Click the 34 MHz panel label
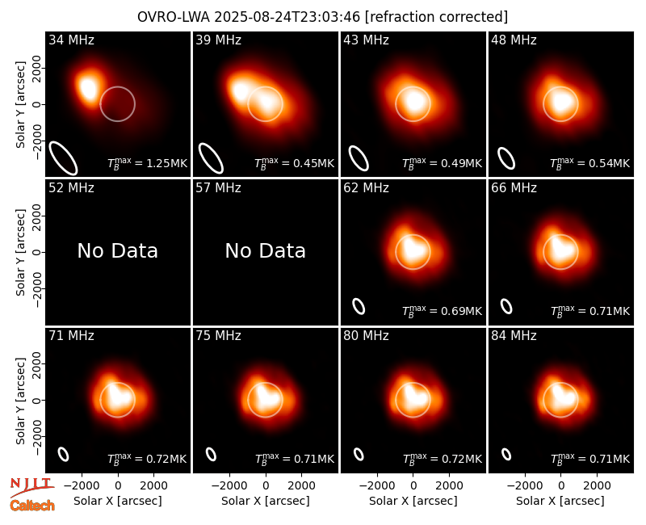71,40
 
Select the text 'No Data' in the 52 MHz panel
117,250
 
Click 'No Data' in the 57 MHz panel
266,250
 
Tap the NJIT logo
31,487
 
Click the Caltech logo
32,506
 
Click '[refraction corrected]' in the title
436,17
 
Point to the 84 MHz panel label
514,335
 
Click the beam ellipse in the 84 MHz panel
506,454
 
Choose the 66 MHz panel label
514,187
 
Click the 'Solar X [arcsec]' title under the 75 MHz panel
266,501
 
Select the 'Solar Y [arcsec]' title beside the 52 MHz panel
20,252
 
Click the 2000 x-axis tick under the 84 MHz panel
597,486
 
